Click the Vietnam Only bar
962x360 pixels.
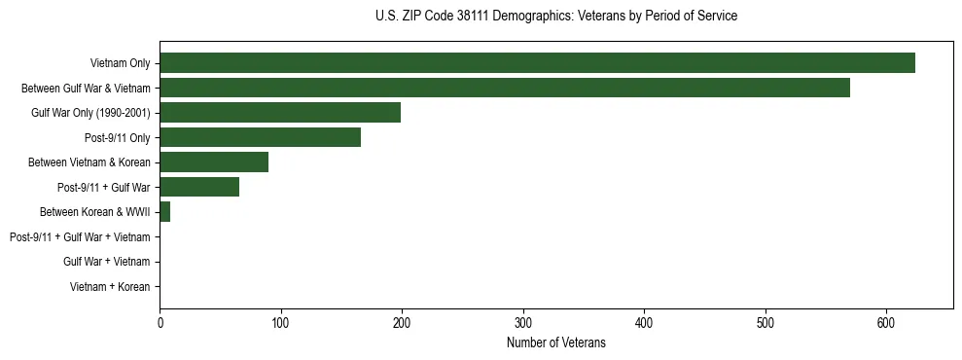(537, 63)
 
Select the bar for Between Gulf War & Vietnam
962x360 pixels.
(505, 89)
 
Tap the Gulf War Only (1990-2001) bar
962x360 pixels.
(280, 113)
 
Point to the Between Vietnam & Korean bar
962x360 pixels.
(214, 162)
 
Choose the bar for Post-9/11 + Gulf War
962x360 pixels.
(199, 187)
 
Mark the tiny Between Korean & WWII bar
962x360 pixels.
(165, 212)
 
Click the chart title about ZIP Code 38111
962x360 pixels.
(555, 17)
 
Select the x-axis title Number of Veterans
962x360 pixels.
(555, 342)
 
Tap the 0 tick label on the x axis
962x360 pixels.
(160, 323)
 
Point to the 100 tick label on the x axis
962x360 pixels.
(280, 323)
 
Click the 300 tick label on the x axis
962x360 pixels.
(523, 323)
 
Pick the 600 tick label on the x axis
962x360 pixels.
(886, 323)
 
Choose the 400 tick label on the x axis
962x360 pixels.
(644, 323)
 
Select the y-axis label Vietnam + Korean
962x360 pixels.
(110, 287)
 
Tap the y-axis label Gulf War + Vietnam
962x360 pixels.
(107, 262)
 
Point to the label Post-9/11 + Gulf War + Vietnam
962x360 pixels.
(80, 237)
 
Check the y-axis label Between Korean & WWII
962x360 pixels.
(95, 212)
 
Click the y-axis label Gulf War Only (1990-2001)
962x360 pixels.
(90, 113)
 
